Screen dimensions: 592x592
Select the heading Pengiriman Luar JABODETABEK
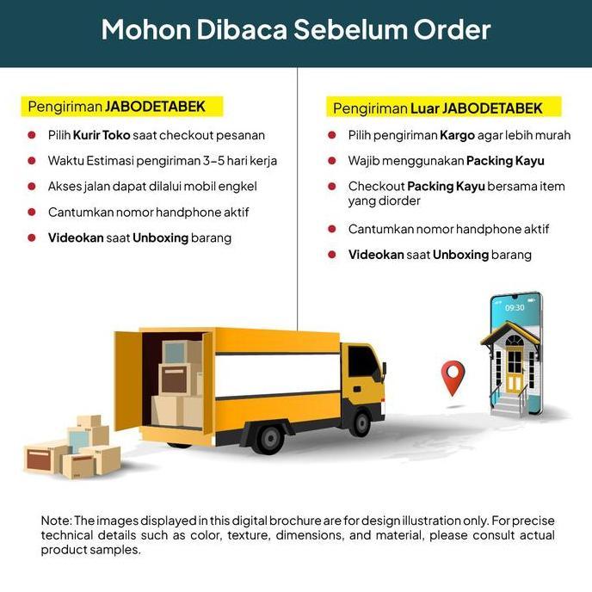437,108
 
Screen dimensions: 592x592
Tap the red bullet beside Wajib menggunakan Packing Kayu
331,161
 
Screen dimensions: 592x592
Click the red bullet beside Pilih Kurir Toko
31,135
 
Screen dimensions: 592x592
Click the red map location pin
453,376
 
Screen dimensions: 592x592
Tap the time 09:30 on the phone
515,307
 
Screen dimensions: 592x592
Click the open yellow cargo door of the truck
126,379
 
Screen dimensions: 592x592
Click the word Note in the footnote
56,521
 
